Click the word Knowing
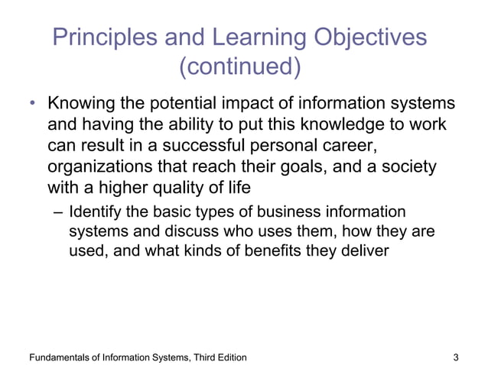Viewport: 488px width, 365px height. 80,104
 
